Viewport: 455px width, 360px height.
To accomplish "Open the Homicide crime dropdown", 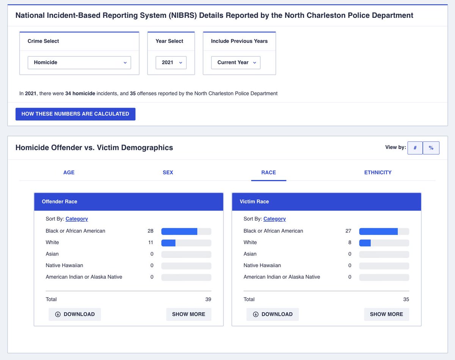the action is click(79, 63).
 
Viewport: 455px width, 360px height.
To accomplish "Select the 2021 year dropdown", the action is click(171, 63).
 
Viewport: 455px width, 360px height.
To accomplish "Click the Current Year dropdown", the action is click(236, 63).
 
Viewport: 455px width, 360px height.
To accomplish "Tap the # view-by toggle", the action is click(415, 148).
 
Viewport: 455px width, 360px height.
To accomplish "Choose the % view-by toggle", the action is click(431, 148).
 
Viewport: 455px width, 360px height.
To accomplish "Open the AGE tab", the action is click(69, 172).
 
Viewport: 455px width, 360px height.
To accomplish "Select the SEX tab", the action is click(168, 172).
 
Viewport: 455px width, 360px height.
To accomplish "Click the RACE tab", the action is click(268, 172).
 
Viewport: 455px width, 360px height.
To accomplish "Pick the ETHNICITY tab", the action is click(378, 172).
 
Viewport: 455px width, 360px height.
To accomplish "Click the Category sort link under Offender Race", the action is click(77, 219).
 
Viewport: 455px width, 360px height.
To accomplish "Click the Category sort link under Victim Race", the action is click(275, 219).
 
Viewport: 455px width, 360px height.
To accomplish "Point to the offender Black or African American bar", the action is click(179, 231).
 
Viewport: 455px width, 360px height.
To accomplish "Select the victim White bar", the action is click(365, 243).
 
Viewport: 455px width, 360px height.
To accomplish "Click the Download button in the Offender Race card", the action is click(75, 315).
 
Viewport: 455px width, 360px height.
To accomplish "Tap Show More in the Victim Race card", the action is click(386, 315).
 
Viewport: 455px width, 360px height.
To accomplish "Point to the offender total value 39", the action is click(208, 299).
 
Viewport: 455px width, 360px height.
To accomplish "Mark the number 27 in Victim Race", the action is click(348, 231).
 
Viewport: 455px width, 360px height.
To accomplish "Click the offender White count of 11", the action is click(151, 242).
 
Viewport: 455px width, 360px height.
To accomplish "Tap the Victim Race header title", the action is click(254, 202).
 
